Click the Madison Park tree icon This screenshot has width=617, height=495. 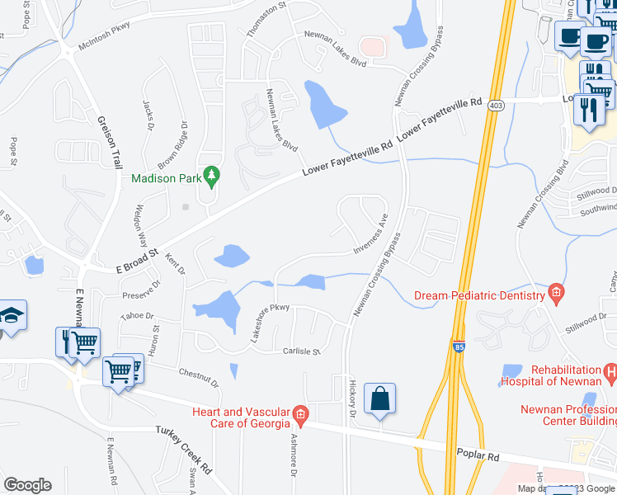tap(212, 175)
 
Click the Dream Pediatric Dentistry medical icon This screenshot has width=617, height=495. tap(556, 293)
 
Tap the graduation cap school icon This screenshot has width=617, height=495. tap(13, 315)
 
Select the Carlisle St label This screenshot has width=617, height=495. tap(301, 351)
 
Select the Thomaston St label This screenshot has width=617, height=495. tap(266, 18)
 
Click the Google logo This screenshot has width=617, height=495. tap(27, 485)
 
